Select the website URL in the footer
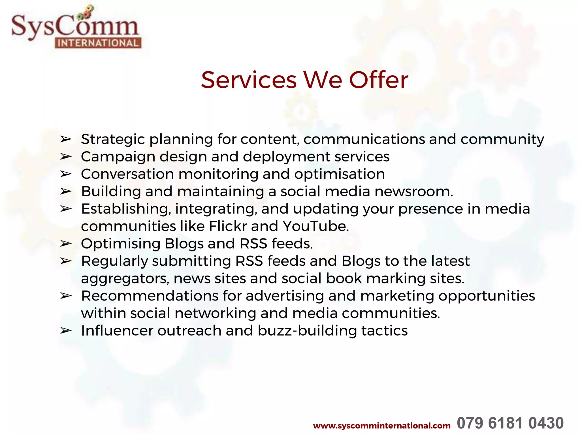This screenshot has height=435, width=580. pyautogui.click(x=381, y=426)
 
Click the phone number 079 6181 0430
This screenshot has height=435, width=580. pyautogui.click(x=510, y=423)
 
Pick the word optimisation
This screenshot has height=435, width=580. pyautogui.click(x=340, y=174)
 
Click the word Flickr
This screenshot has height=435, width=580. pyautogui.click(x=228, y=226)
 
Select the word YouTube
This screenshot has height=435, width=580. pyautogui.click(x=316, y=226)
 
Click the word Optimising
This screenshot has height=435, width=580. pyautogui.click(x=121, y=244)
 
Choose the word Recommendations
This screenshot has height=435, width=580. pyautogui.click(x=150, y=296)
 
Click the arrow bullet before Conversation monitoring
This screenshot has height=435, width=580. pyautogui.click(x=66, y=174)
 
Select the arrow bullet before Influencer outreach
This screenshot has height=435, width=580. pyautogui.click(x=66, y=331)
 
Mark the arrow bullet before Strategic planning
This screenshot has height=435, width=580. pyautogui.click(x=66, y=139)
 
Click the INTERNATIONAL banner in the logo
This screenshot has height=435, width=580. pyautogui.click(x=98, y=43)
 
